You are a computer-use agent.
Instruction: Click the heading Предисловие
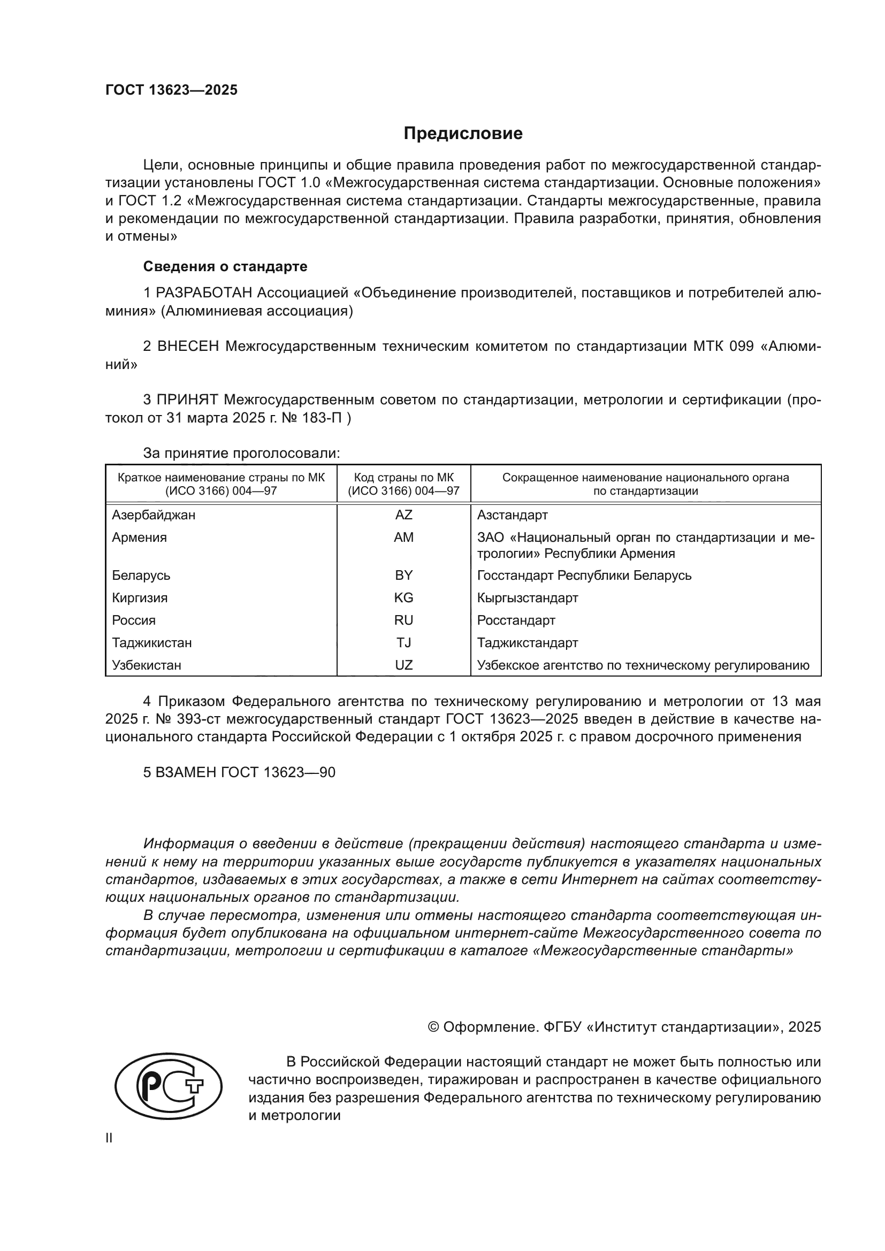tap(463, 134)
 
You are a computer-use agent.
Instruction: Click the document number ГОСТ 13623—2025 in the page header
tap(172, 90)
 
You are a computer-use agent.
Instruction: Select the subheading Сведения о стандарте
tap(225, 266)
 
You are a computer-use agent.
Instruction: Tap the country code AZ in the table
tap(404, 515)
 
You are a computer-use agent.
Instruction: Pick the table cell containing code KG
tap(404, 598)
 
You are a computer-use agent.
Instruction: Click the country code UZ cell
tap(404, 665)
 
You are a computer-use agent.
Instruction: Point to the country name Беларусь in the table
tap(141, 575)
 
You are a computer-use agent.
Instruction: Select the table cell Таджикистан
tap(152, 643)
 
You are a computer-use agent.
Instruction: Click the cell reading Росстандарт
tap(516, 620)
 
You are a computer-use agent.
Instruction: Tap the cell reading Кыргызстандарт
tap(528, 598)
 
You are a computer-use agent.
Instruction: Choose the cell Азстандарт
tap(512, 515)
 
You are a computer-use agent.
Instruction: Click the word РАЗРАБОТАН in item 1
tap(204, 293)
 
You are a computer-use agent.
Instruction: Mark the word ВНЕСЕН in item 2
tap(188, 347)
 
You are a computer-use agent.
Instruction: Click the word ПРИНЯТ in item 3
tap(187, 400)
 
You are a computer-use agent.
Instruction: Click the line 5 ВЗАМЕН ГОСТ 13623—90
tap(239, 773)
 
